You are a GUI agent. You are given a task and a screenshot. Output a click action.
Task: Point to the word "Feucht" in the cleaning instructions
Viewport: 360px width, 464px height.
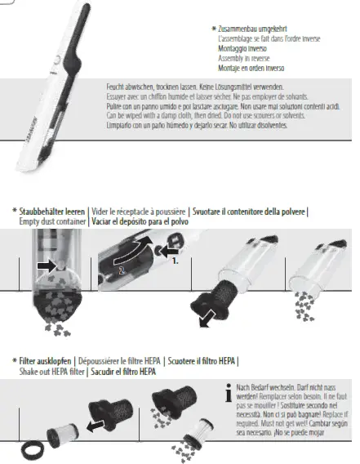pyautogui.click(x=116, y=86)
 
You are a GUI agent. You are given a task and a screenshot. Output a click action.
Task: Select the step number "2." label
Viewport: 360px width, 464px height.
pyautogui.click(x=121, y=267)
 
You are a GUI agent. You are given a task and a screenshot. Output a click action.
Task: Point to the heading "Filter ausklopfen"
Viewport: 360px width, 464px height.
pyautogui.click(x=45, y=361)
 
